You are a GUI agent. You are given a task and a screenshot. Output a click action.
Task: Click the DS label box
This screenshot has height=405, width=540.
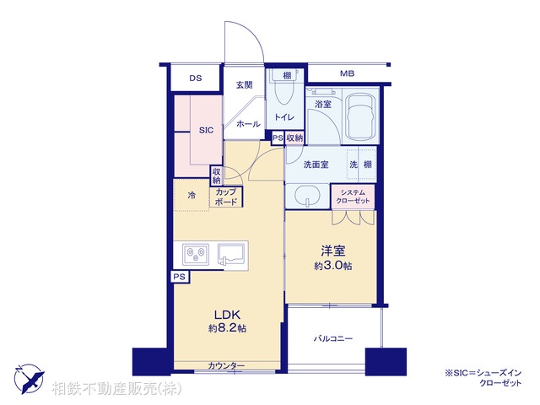(196, 78)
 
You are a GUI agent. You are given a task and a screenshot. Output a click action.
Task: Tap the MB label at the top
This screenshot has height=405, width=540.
(347, 74)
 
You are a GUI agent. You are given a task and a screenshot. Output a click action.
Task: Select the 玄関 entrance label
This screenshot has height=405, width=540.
(245, 85)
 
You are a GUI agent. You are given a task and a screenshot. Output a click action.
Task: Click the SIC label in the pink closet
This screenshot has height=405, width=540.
(206, 130)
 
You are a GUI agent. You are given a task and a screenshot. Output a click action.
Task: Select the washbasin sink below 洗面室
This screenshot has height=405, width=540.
(309, 197)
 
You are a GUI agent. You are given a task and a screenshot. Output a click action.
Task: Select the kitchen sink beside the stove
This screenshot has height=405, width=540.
(231, 252)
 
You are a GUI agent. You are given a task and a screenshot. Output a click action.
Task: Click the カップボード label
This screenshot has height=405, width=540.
(225, 197)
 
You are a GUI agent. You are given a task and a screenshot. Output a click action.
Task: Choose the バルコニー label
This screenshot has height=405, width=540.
(333, 339)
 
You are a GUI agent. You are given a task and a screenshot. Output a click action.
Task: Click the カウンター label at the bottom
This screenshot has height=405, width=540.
(226, 365)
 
